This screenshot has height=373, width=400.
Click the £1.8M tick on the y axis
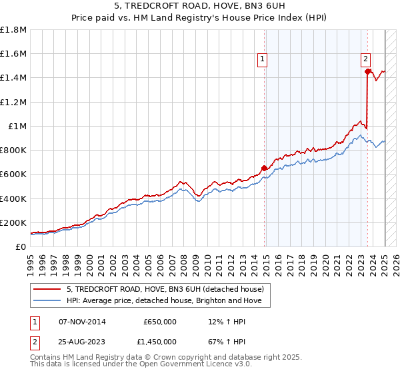coord(13,30)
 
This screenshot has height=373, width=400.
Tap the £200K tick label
coord(13,222)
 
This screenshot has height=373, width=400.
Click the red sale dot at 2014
coord(264,168)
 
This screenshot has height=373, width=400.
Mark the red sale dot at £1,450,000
coord(367,72)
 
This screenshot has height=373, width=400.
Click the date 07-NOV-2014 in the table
coord(82,322)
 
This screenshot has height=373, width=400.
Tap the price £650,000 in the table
coord(160,322)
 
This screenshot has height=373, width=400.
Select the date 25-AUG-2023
coord(82,342)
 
